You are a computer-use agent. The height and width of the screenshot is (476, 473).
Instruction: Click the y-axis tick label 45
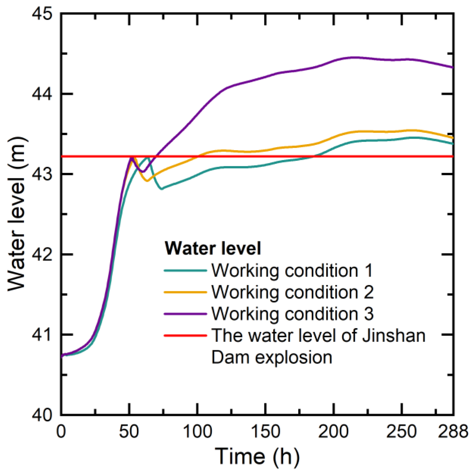(x=42, y=13)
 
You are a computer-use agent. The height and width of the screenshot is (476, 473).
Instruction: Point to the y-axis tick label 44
(x=42, y=94)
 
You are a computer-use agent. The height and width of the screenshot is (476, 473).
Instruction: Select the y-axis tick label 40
(x=42, y=415)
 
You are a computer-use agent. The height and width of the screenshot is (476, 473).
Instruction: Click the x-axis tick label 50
(x=129, y=431)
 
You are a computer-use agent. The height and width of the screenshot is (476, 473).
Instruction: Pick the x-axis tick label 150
(x=266, y=431)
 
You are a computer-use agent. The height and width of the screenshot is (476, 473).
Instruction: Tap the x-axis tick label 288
(x=453, y=431)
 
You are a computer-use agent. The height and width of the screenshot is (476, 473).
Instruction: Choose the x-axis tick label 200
(x=334, y=431)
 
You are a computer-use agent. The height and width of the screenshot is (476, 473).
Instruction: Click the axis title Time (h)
(x=257, y=456)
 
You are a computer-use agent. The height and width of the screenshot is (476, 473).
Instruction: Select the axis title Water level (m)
(x=17, y=214)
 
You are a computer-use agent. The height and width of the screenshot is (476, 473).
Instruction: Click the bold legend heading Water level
(x=213, y=248)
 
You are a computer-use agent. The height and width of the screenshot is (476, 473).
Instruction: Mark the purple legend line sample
(x=185, y=314)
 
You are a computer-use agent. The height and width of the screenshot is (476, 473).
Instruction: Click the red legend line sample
(x=185, y=336)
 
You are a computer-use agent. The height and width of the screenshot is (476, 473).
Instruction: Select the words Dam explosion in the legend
(x=272, y=357)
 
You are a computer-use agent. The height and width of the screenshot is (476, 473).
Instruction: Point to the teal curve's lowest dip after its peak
(x=162, y=189)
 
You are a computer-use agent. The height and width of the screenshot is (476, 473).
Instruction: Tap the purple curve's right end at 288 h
(x=453, y=68)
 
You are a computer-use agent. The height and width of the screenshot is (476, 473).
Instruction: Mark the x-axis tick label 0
(x=61, y=431)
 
